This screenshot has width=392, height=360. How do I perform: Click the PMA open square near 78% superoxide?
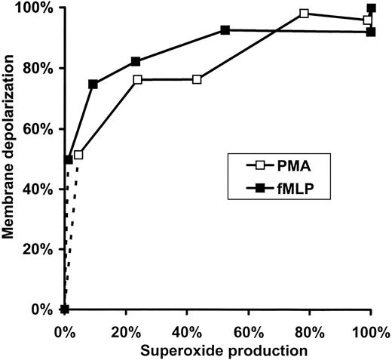[304, 14]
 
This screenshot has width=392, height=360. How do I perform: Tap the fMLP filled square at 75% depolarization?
[93, 84]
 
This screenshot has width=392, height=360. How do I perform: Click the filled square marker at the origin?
[65, 309]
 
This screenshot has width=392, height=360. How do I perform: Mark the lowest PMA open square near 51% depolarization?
[78, 155]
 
